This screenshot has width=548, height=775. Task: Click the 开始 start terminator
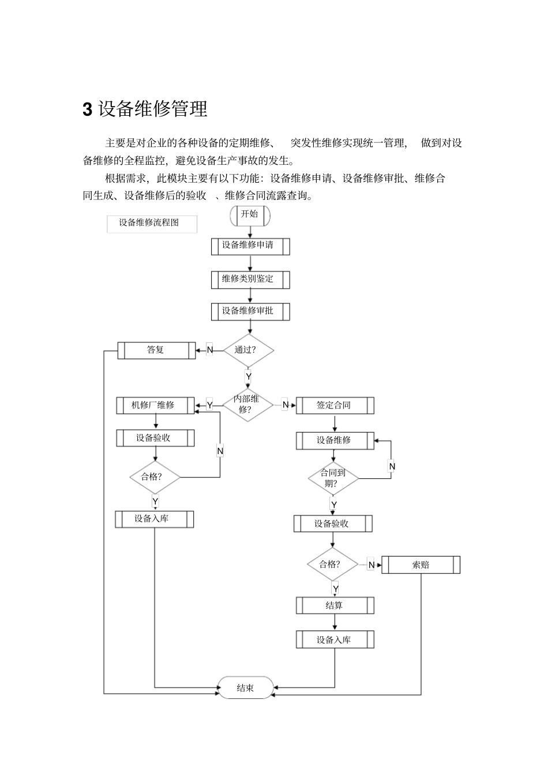pyautogui.click(x=250, y=215)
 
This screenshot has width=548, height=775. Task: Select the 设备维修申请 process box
pyautogui.click(x=250, y=246)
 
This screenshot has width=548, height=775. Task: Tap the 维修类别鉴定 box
pyautogui.click(x=250, y=279)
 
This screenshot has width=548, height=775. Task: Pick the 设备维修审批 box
pyautogui.click(x=250, y=312)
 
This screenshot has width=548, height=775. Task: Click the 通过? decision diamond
pyautogui.click(x=248, y=350)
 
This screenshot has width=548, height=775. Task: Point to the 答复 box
pyautogui.click(x=156, y=350)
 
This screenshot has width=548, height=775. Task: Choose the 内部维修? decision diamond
pyautogui.click(x=247, y=404)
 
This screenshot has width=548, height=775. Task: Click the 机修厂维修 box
pyautogui.click(x=155, y=405)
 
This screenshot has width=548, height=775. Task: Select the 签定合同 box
pyautogui.click(x=335, y=405)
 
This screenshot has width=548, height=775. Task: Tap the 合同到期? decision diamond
pyautogui.click(x=333, y=478)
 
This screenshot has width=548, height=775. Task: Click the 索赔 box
pyautogui.click(x=421, y=565)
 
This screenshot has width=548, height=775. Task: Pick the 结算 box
pyautogui.click(x=335, y=606)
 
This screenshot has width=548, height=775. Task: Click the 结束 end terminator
pyautogui.click(x=245, y=687)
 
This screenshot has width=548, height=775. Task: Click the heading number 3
pyautogui.click(x=88, y=109)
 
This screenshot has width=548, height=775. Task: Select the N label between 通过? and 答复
pyautogui.click(x=210, y=350)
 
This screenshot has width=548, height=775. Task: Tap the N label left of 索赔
pyautogui.click(x=371, y=565)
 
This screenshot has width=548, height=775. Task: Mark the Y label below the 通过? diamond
pyautogui.click(x=249, y=377)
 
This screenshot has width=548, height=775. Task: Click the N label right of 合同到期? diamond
pyautogui.click(x=392, y=466)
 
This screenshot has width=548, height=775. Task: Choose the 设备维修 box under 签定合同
pyautogui.click(x=335, y=440)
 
